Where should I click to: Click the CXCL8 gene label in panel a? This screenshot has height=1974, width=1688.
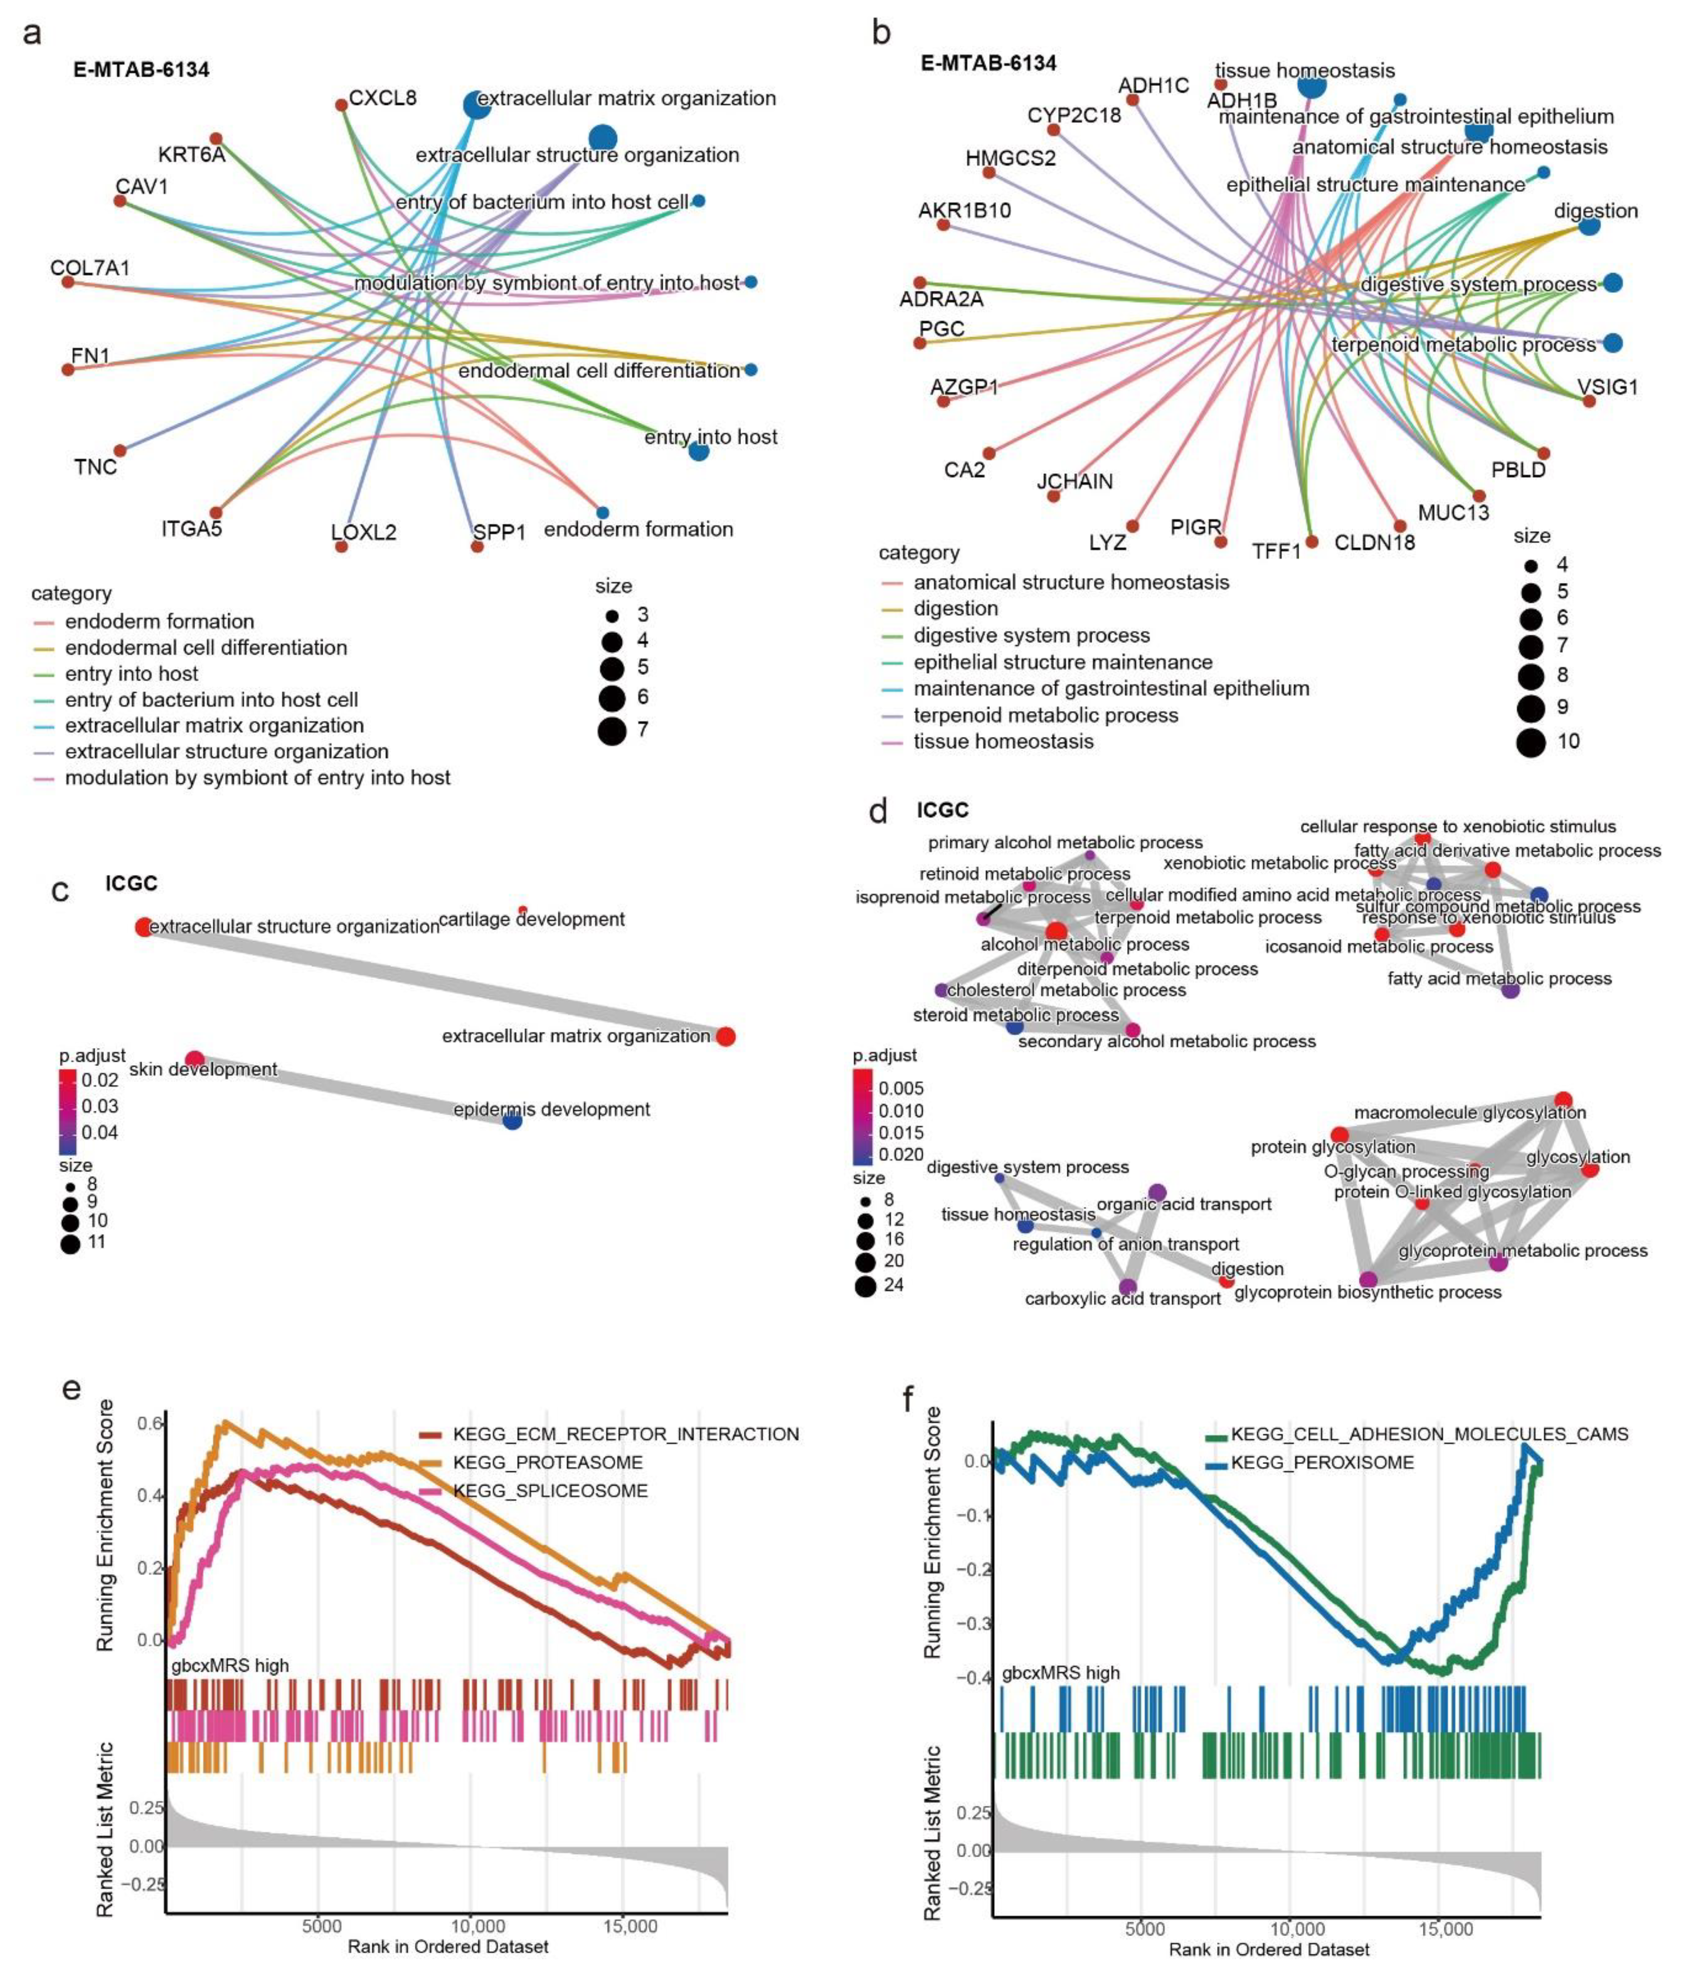coord(382,98)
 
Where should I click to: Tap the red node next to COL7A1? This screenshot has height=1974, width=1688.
coord(68,282)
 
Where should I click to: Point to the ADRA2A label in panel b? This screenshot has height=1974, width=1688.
coord(941,299)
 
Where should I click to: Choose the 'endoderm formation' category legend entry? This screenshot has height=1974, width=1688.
coord(159,621)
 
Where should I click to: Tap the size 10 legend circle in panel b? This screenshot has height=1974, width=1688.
coord(1531,741)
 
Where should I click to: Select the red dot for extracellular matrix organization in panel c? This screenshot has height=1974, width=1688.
coord(725,1037)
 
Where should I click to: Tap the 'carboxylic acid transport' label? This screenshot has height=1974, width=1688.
coord(1122,1299)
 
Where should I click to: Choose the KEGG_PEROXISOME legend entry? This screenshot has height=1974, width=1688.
coord(1322,1462)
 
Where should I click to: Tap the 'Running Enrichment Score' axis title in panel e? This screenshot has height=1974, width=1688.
coord(105,1524)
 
